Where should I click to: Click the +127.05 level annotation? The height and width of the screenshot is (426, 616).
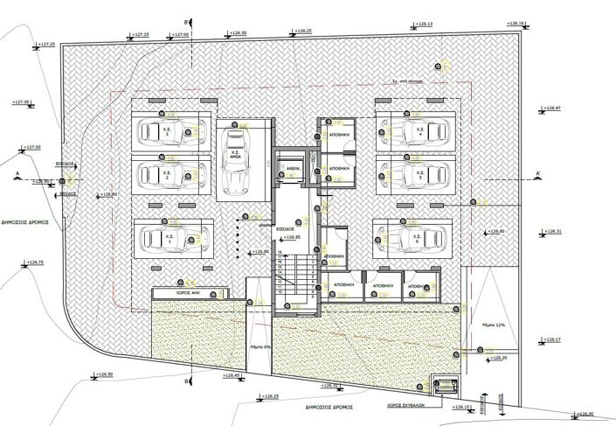tap(23, 102)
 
